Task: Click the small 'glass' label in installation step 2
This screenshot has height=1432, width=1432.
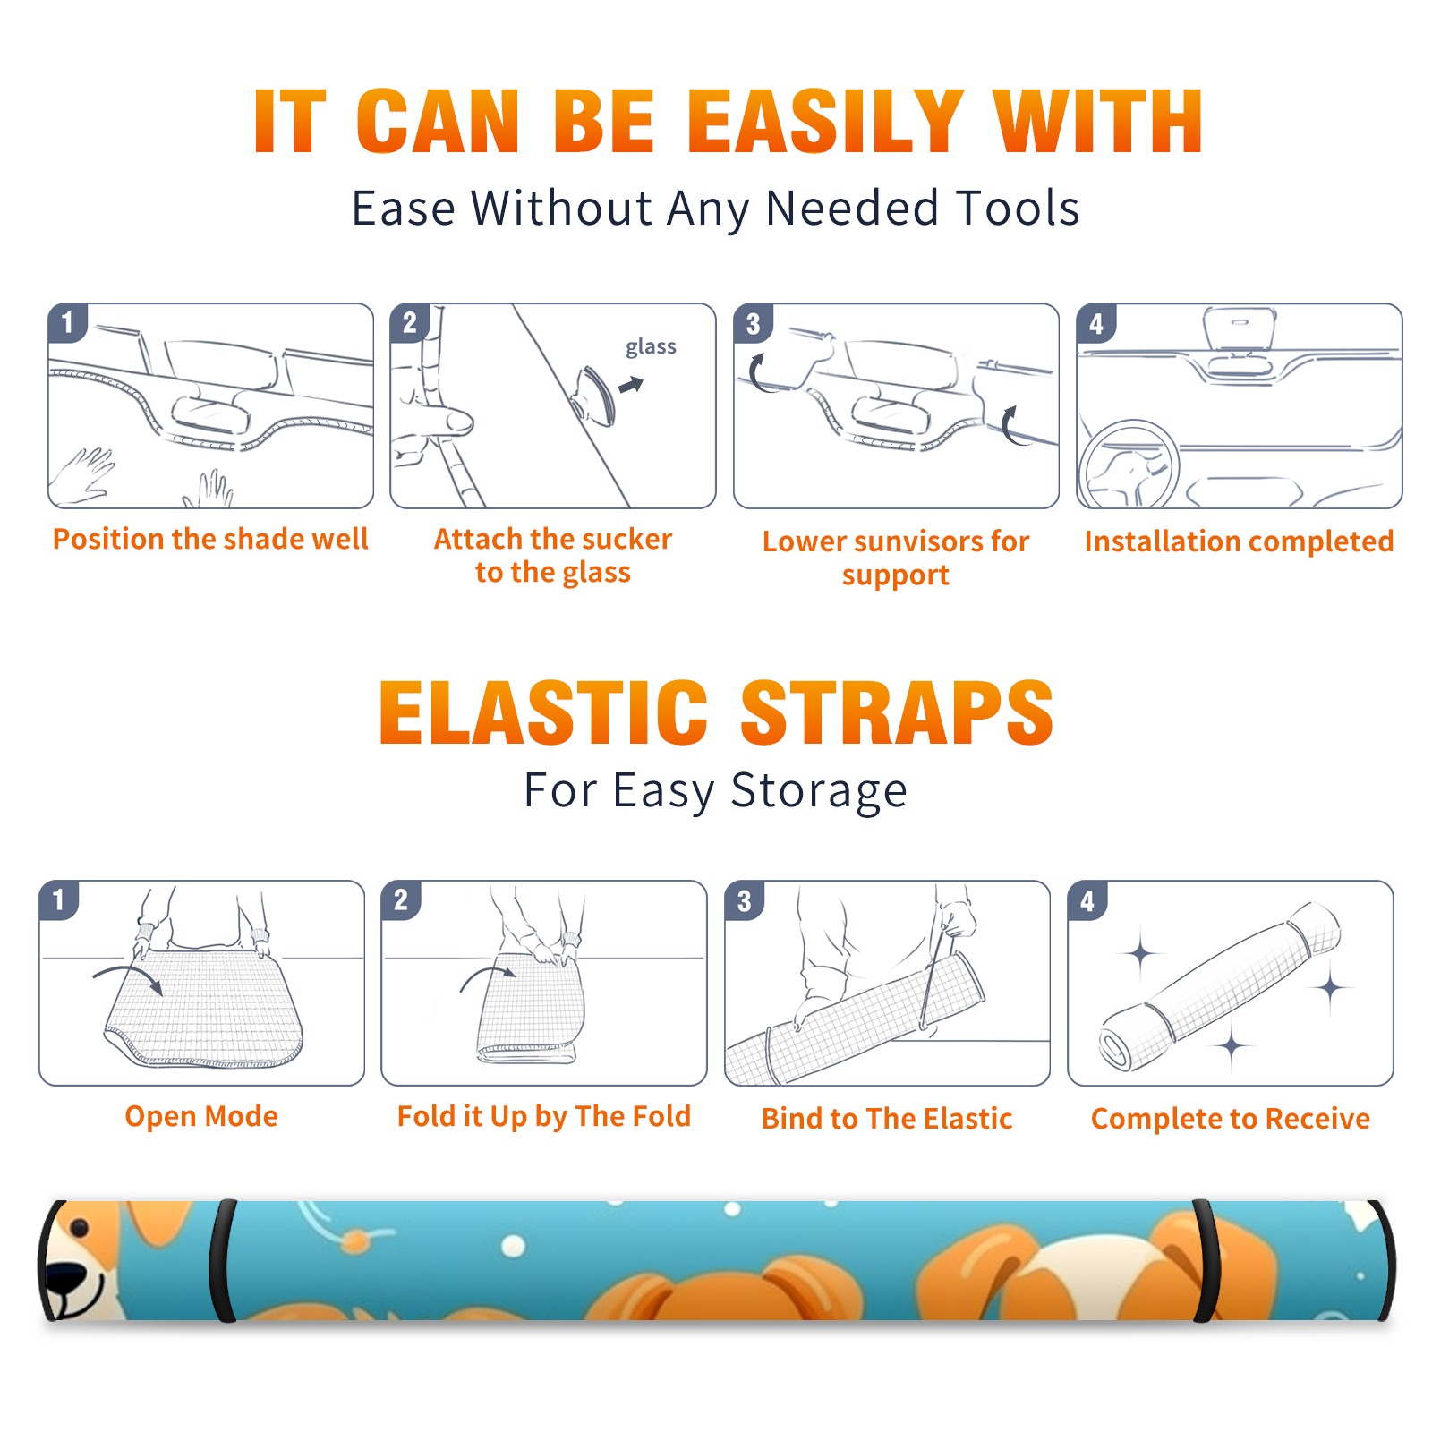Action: click(651, 347)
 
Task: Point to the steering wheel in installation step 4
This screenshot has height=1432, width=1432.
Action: click(1129, 465)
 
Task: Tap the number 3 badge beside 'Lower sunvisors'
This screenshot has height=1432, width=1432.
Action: click(753, 323)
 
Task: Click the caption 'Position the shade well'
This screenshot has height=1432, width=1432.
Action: click(210, 539)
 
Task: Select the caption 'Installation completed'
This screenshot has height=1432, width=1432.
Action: click(1239, 541)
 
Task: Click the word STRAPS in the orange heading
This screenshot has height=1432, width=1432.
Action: click(897, 712)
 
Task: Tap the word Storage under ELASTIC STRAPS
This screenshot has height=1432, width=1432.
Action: click(819, 792)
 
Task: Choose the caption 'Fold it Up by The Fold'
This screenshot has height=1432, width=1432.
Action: click(544, 1117)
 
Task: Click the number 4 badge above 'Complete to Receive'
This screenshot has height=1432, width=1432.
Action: click(1087, 900)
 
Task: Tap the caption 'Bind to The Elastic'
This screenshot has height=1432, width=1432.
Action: click(887, 1119)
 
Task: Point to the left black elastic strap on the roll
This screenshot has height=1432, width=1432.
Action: click(223, 1261)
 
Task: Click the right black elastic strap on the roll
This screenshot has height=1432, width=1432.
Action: click(1206, 1261)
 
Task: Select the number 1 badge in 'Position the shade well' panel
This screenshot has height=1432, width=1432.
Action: click(67, 321)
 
